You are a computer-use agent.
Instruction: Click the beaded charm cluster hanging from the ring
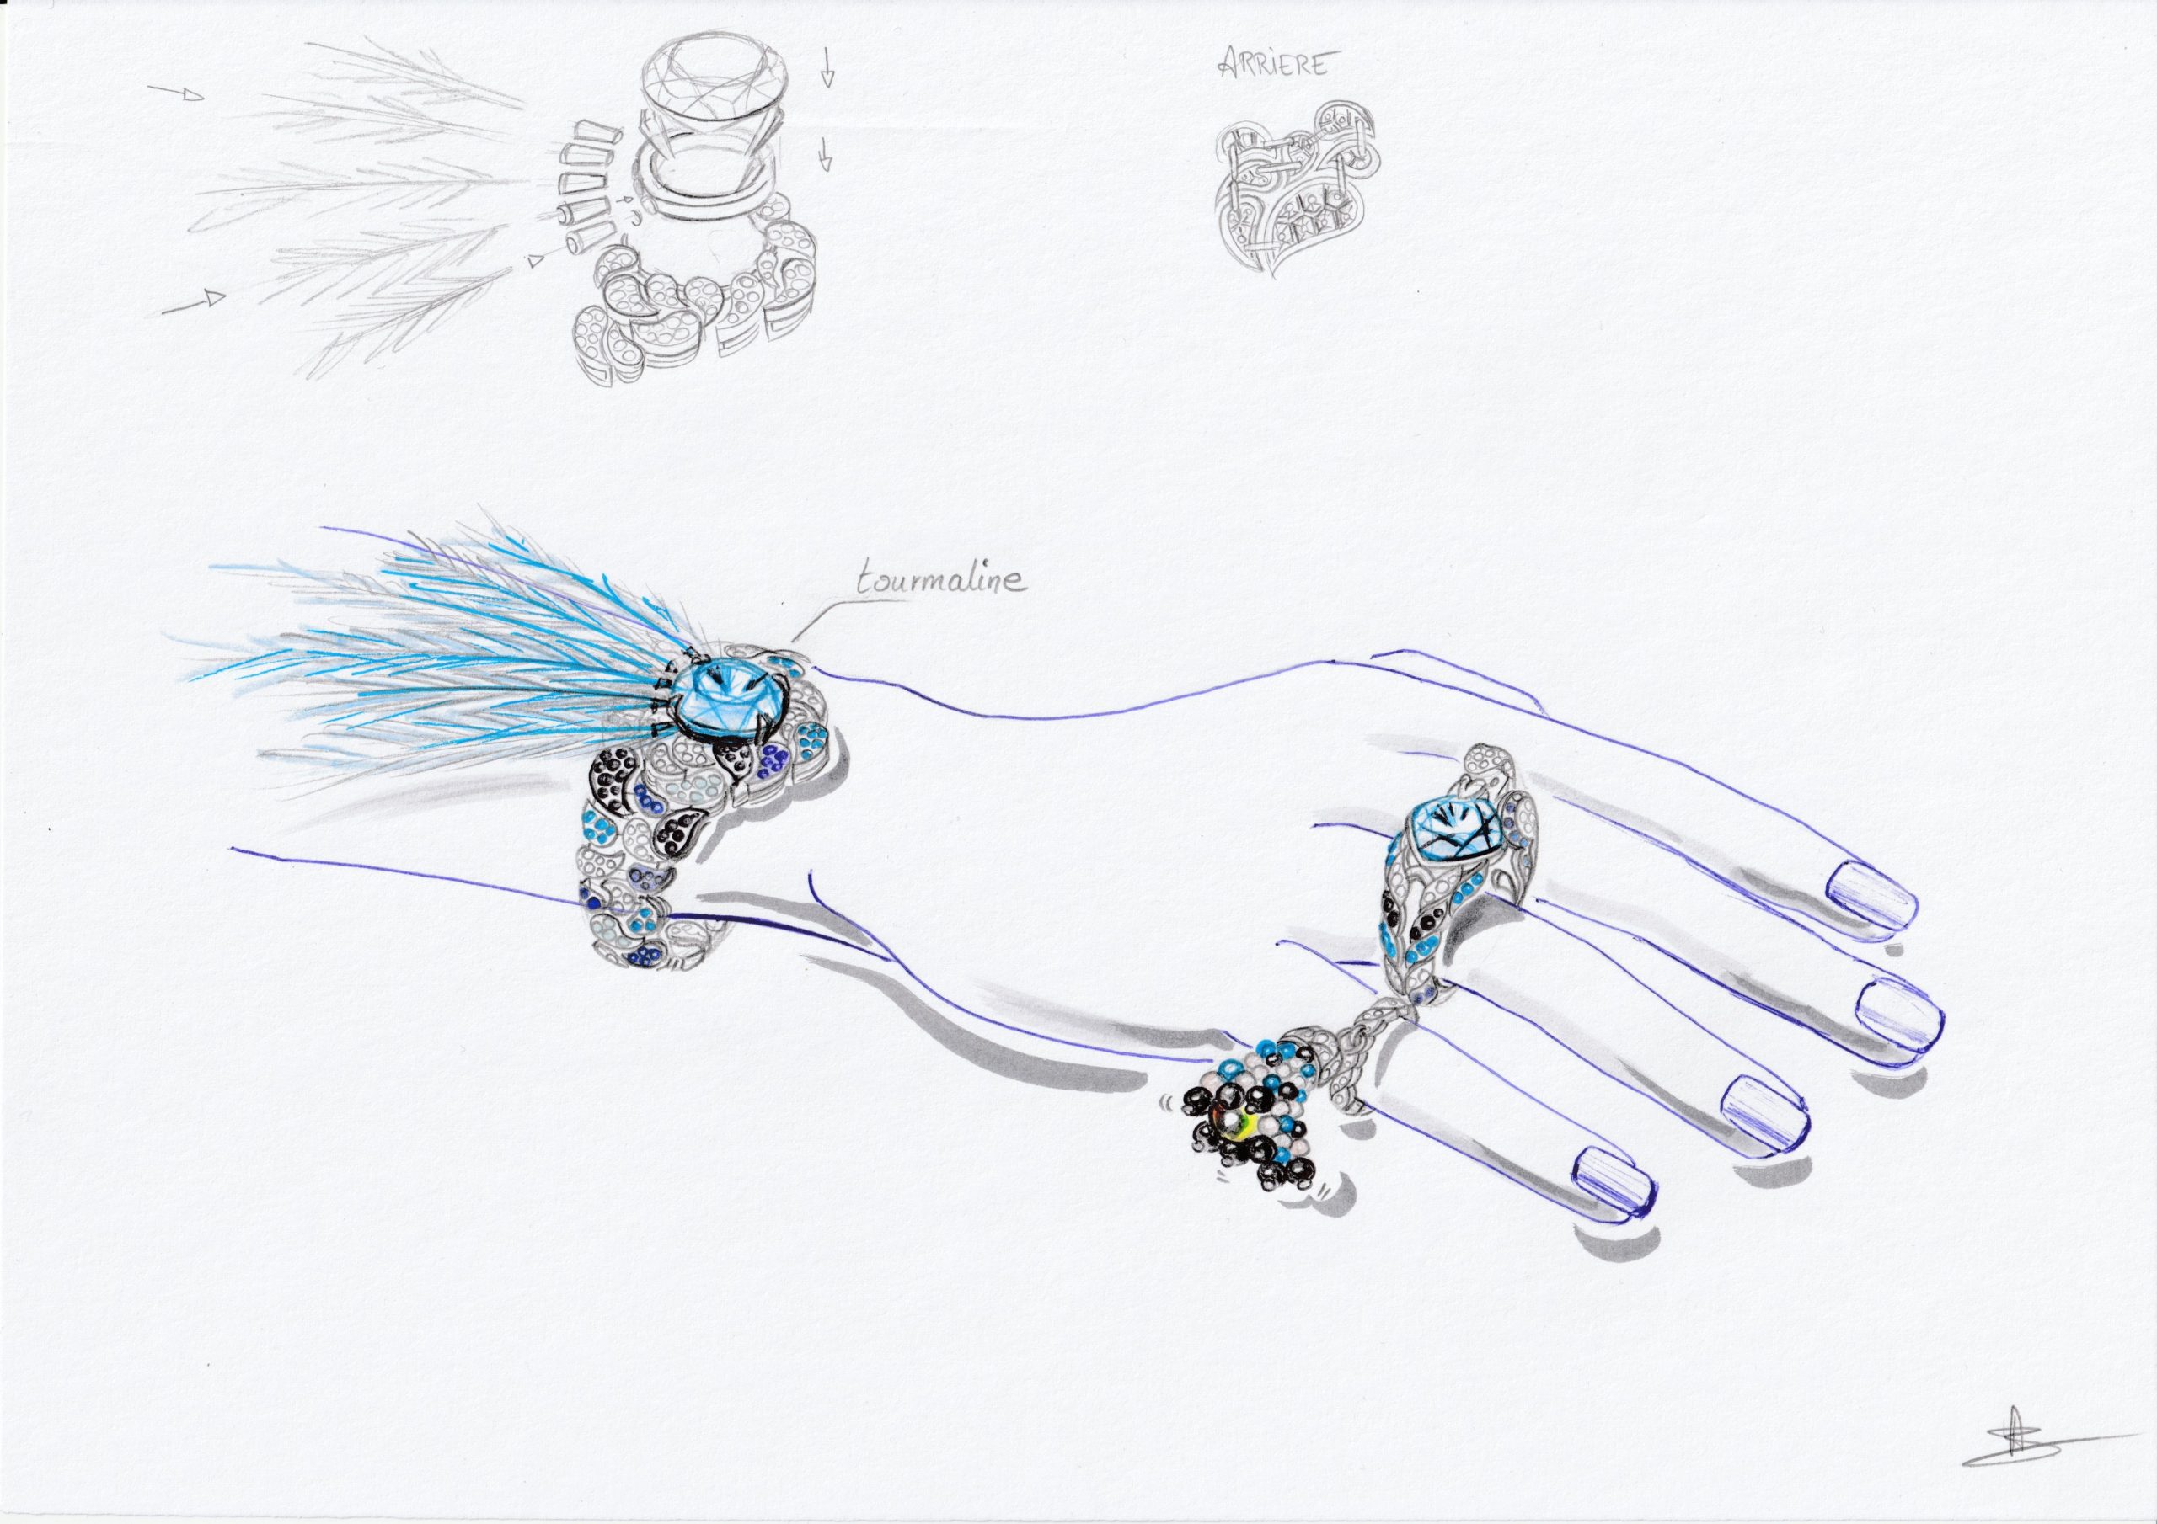[1240, 1117]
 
